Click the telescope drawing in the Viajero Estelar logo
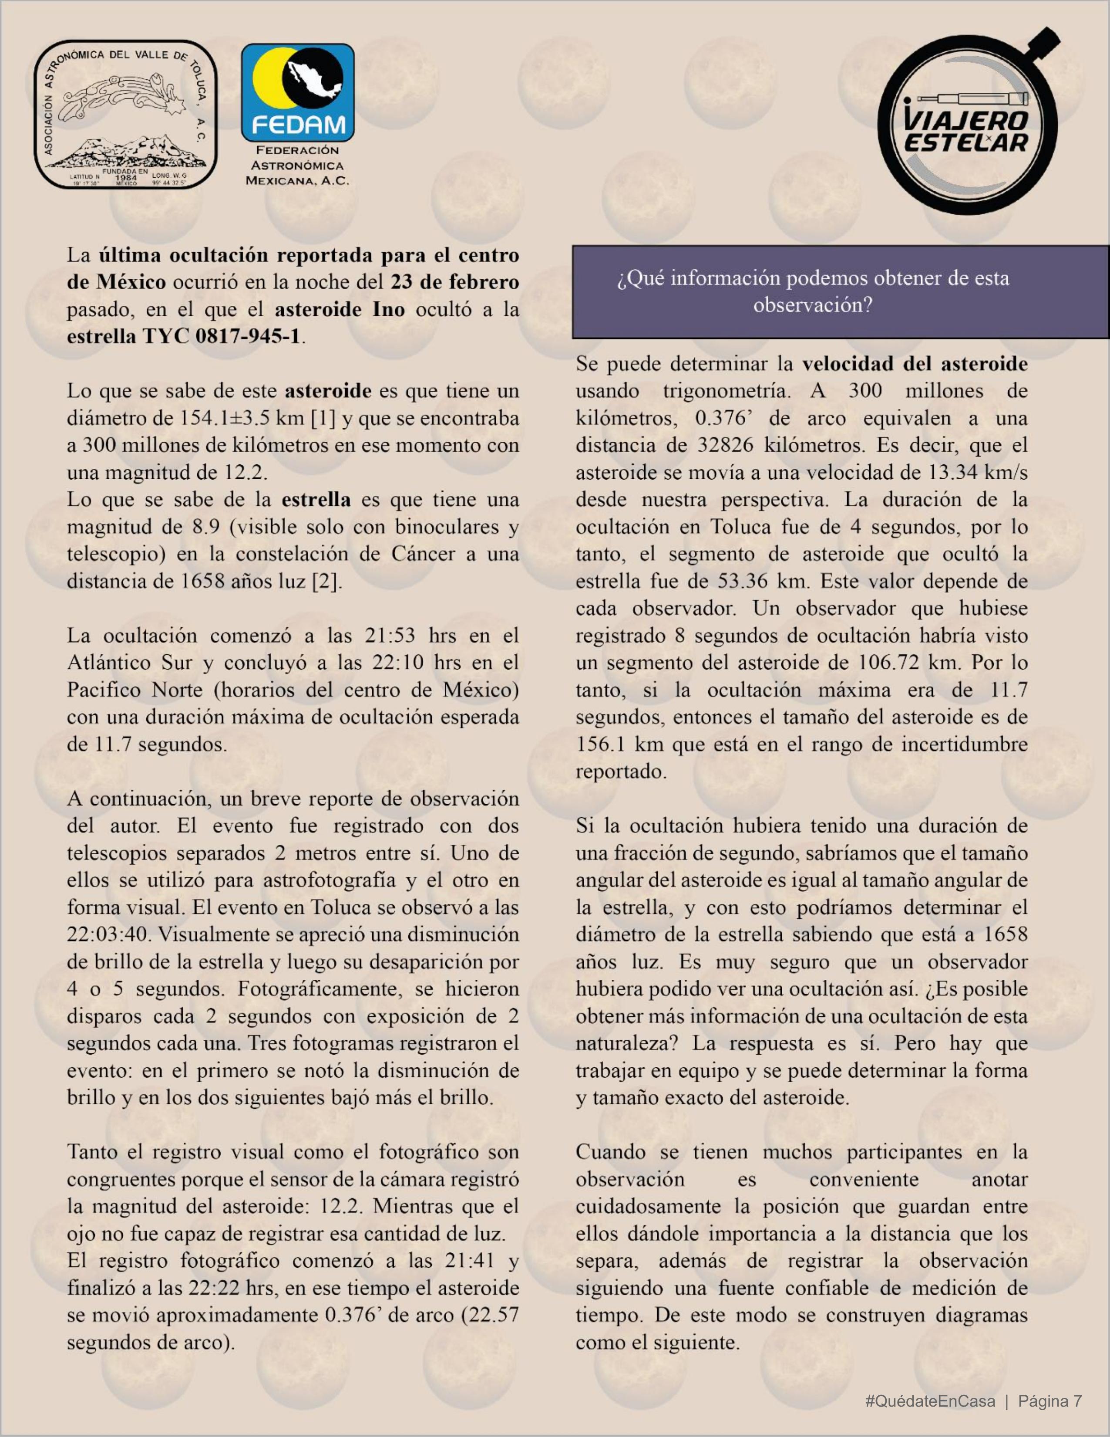973,99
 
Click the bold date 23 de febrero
454,282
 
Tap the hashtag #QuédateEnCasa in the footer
930,1401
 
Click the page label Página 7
1049,1401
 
